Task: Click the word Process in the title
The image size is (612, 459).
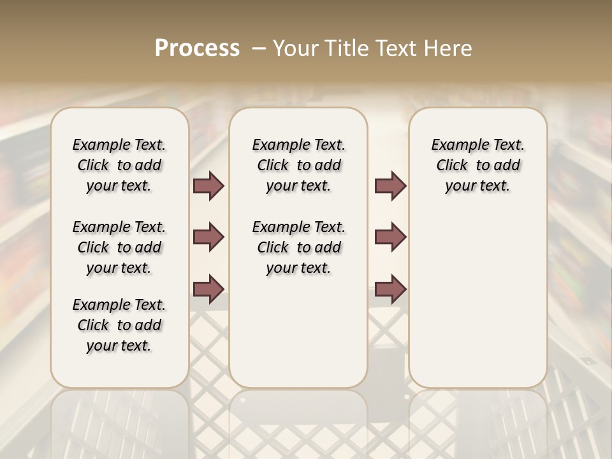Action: click(x=197, y=48)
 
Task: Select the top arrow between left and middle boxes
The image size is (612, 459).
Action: click(x=208, y=186)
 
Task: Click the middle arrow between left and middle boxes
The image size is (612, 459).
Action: click(x=208, y=237)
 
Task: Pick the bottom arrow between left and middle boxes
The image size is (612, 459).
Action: click(x=208, y=289)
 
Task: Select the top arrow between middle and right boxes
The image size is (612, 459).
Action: click(x=390, y=186)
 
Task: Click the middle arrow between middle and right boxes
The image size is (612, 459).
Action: click(x=390, y=237)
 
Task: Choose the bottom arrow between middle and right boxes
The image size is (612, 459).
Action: click(x=390, y=289)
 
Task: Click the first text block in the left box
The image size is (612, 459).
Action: click(x=119, y=165)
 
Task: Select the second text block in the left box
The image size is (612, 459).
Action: click(x=119, y=247)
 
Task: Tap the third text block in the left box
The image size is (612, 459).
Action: click(x=119, y=325)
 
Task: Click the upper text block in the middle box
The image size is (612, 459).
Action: click(x=299, y=165)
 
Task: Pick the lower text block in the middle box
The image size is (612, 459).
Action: click(x=299, y=247)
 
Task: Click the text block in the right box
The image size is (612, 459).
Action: click(x=478, y=165)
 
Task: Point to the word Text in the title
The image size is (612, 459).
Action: click(x=400, y=48)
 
